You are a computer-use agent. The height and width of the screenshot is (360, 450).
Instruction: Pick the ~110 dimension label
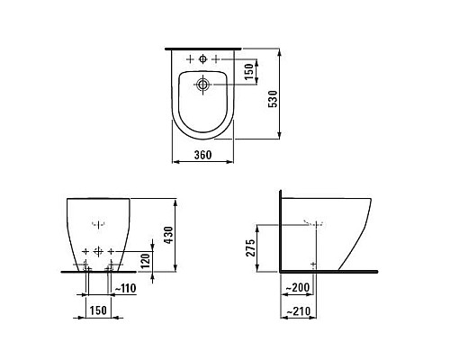pyautogui.click(x=125, y=289)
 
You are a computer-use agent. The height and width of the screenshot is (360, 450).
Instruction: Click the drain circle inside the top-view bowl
pyautogui.click(x=202, y=86)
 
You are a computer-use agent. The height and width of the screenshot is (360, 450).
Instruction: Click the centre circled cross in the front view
pyautogui.click(x=99, y=248)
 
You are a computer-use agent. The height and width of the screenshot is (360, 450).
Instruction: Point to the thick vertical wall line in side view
pyautogui.click(x=281, y=229)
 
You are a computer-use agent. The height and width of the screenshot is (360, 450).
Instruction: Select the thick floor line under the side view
pyautogui.click(x=333, y=270)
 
